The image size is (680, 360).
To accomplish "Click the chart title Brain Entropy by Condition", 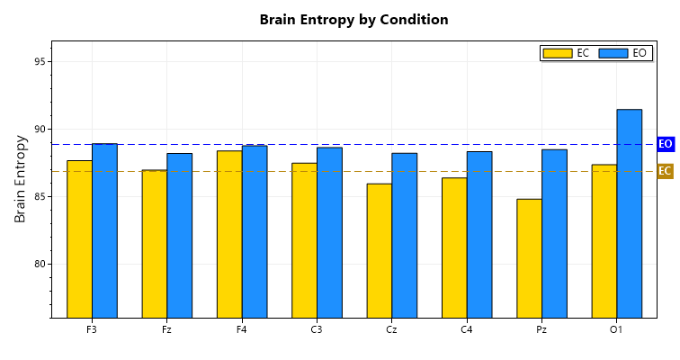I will click(353, 20).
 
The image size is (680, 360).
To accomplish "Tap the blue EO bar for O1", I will click(629, 213).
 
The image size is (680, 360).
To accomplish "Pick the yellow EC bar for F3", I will click(79, 238).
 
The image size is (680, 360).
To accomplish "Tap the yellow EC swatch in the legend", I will click(558, 53).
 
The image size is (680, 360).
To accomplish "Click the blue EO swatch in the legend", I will click(613, 53).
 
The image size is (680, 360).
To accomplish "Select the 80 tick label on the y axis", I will click(40, 265).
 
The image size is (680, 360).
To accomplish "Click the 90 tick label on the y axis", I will click(40, 130).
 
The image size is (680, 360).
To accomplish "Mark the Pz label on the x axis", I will click(541, 330).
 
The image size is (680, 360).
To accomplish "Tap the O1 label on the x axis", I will click(616, 330).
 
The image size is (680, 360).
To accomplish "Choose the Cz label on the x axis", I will click(391, 330).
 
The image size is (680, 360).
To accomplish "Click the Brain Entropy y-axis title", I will click(21, 178).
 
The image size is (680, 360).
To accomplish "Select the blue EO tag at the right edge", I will click(666, 144).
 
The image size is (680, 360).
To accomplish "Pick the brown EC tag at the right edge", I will click(666, 171).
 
